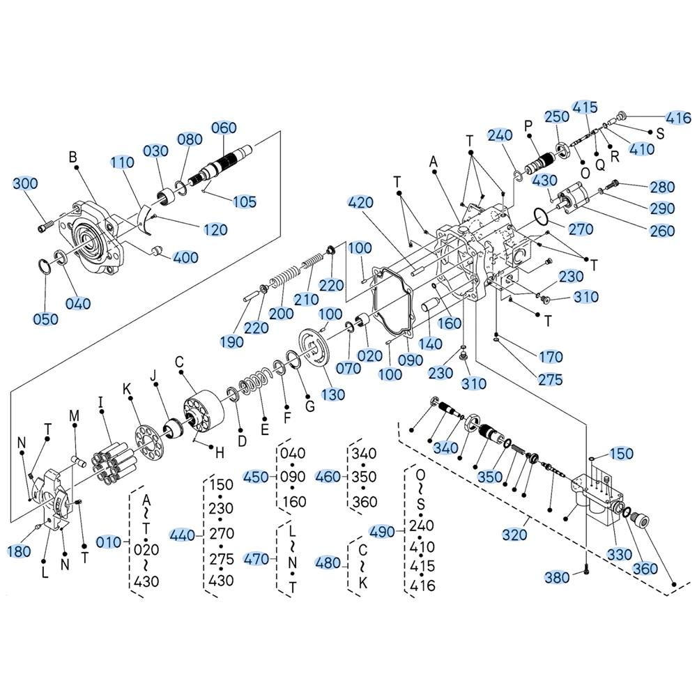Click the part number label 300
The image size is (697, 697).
coord(26,184)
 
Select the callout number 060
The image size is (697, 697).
coord(224,128)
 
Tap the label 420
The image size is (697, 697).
coord(361,203)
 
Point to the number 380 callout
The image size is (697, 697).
coord(558,577)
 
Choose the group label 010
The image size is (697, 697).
coord(109,542)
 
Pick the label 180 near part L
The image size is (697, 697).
coord(20,552)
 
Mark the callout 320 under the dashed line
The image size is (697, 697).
coord(514,535)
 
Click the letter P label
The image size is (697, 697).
coord(528,126)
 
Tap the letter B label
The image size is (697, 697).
coord(72,157)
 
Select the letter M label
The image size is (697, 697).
coord(75,416)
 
